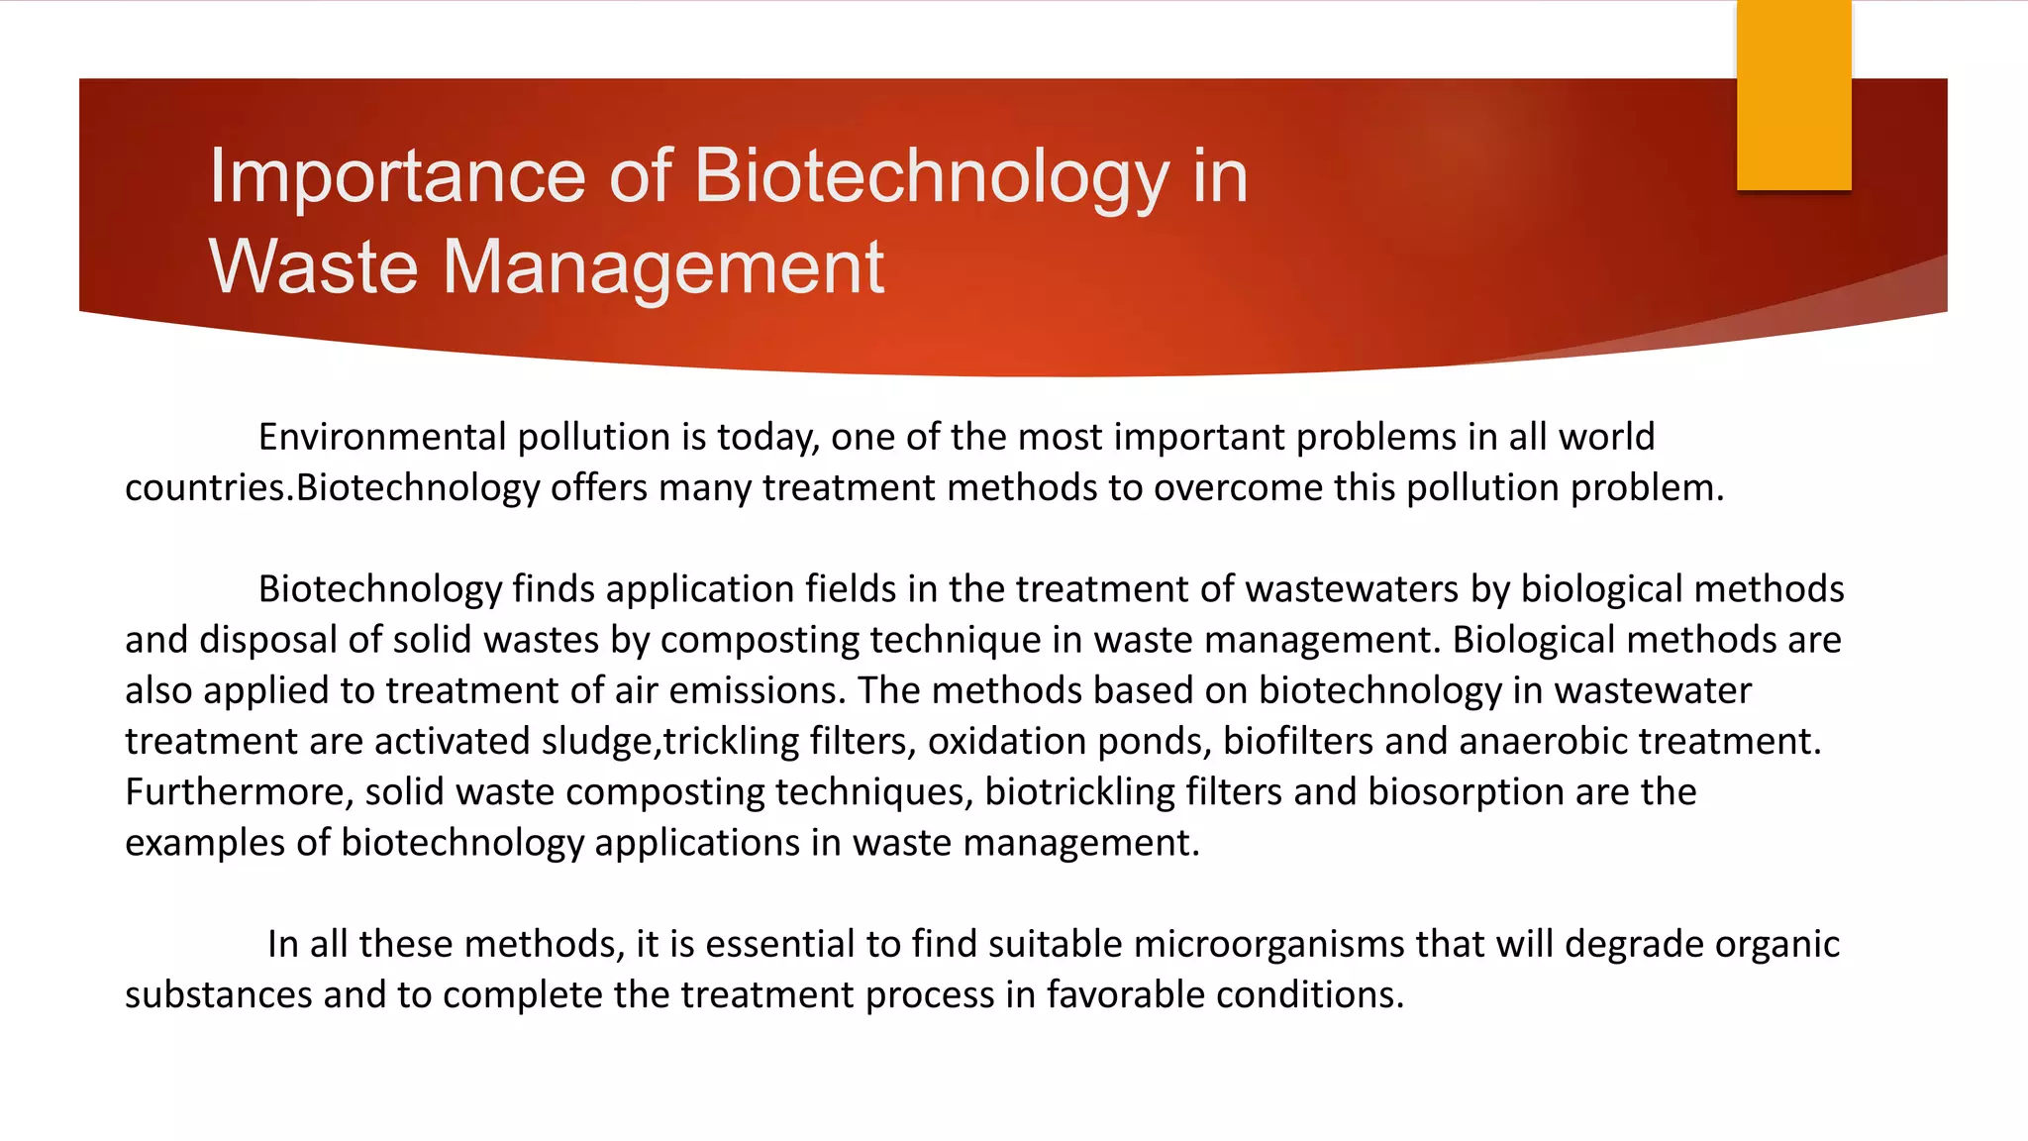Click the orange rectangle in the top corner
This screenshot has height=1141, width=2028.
(x=1793, y=95)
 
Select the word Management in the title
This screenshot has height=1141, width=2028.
(x=662, y=267)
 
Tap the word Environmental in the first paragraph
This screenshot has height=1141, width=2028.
(x=382, y=437)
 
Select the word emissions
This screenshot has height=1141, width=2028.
(x=755, y=690)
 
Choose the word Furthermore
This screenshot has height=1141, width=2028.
(x=240, y=792)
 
